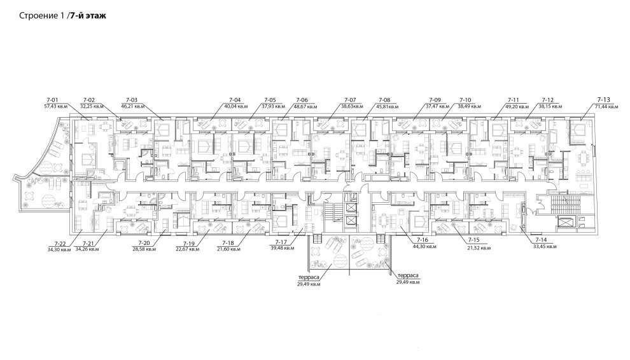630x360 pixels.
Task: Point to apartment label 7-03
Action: pos(132,100)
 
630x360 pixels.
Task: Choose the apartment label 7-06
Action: pos(302,100)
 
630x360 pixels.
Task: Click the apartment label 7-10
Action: pos(465,100)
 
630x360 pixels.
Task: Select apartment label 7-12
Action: pos(547,100)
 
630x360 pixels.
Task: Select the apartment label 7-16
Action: pos(422,239)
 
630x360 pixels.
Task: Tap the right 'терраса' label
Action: pos(407,275)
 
